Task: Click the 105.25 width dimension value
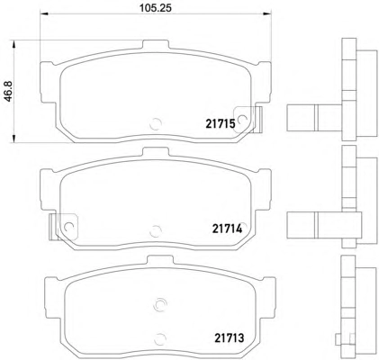pyautogui.click(x=156, y=8)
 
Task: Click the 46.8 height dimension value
pyautogui.click(x=8, y=91)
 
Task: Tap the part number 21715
pyautogui.click(x=221, y=123)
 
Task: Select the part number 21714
pyautogui.click(x=227, y=229)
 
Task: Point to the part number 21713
pyautogui.click(x=230, y=338)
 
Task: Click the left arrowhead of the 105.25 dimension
pyautogui.click(x=44, y=13)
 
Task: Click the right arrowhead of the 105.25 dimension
pyautogui.click(x=267, y=13)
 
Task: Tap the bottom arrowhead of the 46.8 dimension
pyautogui.click(x=14, y=139)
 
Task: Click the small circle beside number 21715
pyautogui.click(x=242, y=121)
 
